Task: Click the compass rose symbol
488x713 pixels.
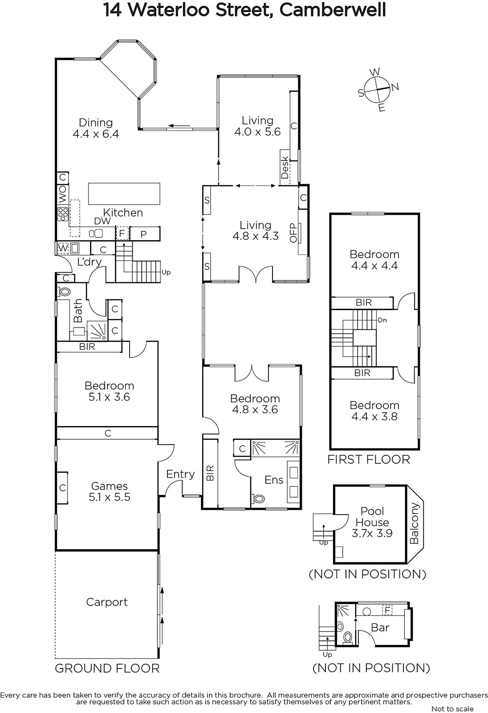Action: pos(378,90)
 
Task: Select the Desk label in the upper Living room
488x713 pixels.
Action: pos(285,168)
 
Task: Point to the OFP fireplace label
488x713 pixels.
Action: pos(293,233)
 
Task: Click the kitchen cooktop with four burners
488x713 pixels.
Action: pos(63,214)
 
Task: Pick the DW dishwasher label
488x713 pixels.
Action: pos(102,221)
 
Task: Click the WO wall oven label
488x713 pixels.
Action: pos(63,194)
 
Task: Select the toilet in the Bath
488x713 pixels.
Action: pos(64,291)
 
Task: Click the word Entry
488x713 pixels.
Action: pos(180,474)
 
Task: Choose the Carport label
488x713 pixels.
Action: pos(107,602)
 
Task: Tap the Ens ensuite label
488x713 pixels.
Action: pos(274,479)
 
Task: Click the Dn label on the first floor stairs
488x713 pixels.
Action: pos(382,320)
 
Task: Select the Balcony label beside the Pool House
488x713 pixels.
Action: pos(414,523)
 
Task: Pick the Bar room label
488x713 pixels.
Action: pos(380,627)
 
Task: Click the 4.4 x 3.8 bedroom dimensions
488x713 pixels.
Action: pos(374,416)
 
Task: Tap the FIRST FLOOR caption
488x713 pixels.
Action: pos(369,459)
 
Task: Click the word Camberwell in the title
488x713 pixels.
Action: pos(333,10)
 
